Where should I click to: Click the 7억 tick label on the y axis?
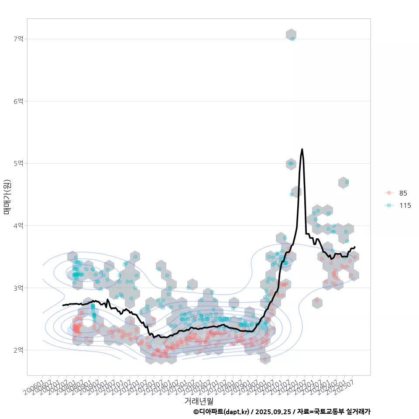[18, 39]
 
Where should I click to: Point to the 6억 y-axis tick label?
[18, 101]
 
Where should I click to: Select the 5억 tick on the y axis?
[18, 163]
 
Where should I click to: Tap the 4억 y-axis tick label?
[18, 226]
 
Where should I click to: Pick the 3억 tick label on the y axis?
[18, 288]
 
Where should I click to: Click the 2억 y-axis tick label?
[18, 350]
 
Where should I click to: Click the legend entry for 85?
[403, 193]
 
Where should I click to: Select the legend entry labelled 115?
[405, 205]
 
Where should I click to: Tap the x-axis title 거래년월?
[199, 400]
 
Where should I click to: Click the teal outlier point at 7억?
[293, 39]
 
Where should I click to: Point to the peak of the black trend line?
[302, 149]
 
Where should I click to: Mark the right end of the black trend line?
[355, 247]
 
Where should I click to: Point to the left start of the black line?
[63, 305]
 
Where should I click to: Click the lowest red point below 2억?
[264, 360]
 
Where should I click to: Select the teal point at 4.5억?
[292, 194]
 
